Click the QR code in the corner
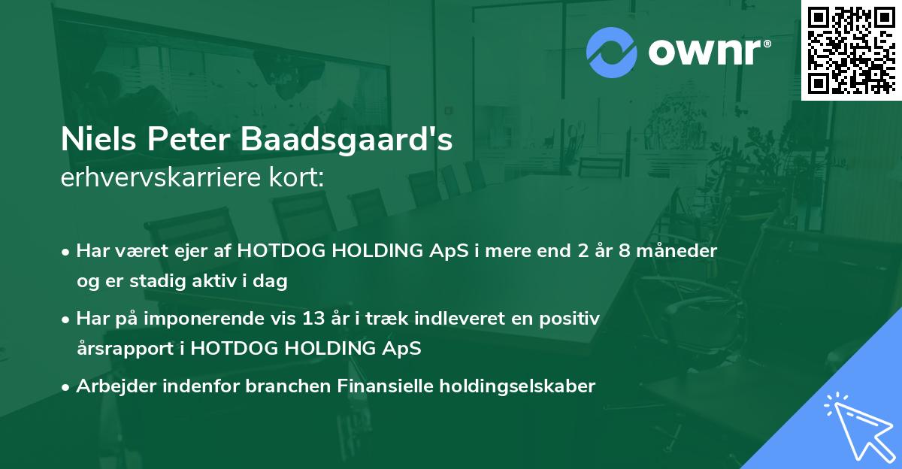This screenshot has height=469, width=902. coord(852,50)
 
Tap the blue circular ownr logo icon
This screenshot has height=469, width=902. coord(612,53)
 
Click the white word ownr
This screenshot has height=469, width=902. coord(704,52)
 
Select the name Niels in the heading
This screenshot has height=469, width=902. coord(98,139)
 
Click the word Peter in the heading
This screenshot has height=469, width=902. coord(189,139)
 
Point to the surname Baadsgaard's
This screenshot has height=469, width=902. coord(347,140)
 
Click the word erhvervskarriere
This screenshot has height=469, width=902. coord(161,177)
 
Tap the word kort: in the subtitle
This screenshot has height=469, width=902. coord(297,177)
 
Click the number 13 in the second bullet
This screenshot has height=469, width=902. coord(313,319)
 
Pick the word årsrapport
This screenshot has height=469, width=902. coord(126,349)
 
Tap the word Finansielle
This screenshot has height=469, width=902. coord(385,386)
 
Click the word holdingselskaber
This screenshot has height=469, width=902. coord(517,386)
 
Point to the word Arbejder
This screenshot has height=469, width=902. coord(116,386)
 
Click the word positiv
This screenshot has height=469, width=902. coord(570,319)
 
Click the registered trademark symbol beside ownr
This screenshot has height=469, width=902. coord(767,44)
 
